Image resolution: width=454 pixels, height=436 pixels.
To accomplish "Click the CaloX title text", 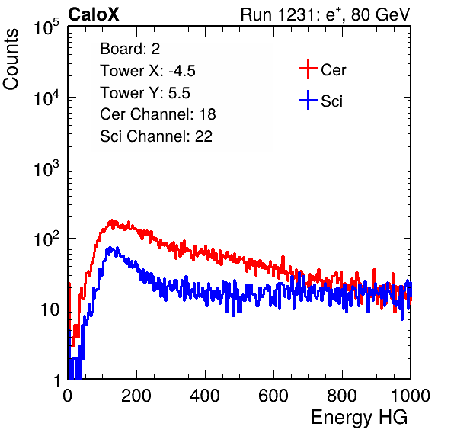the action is pos(93,14).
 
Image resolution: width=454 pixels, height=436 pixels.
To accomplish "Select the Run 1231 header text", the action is pos(325,14).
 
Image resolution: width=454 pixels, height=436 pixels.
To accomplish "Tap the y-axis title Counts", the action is pos(11,59).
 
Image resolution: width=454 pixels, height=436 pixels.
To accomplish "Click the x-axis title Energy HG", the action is pos(359,418).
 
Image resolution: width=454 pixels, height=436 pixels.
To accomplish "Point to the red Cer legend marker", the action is pos(308,69).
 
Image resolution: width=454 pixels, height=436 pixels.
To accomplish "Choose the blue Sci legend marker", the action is pos(308,100).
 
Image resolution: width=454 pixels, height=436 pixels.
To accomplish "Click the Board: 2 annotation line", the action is pos(130,49).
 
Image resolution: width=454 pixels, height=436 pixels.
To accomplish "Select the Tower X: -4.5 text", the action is pos(148,71).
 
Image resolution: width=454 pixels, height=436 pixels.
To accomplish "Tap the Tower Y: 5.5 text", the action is pos(145,93).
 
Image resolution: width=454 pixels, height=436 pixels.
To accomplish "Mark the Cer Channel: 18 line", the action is pos(158,114).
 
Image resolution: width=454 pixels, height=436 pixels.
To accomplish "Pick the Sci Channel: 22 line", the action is pos(156,136).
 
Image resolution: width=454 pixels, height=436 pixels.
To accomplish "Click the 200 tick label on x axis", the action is pos(136,396).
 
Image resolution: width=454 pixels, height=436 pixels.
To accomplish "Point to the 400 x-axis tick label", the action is pos(205,396).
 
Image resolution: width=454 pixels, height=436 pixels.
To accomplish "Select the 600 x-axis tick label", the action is pos(273,396).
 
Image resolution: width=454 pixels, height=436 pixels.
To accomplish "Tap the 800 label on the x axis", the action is pos(342,396).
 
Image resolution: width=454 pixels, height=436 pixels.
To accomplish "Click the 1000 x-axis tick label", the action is pos(411,396).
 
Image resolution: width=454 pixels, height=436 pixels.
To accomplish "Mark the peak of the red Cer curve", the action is pos(112,221).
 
